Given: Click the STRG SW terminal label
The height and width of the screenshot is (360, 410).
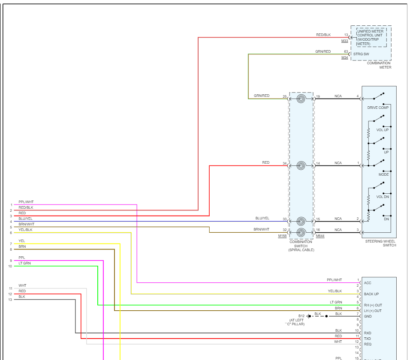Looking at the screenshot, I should tap(361, 54).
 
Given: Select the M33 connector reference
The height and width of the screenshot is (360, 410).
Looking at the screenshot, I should tap(345, 41).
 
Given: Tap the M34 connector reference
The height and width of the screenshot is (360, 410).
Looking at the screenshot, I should tap(345, 58).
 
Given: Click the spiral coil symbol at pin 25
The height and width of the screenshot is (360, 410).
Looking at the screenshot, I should tap(301, 99).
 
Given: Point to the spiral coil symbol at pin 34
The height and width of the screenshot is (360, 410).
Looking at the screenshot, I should tap(301, 165).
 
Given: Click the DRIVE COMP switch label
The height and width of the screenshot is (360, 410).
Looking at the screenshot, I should tap(378, 108).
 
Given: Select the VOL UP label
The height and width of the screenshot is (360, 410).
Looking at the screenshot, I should tap(383, 130).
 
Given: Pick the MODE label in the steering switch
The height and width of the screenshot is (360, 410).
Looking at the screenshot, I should tap(383, 174).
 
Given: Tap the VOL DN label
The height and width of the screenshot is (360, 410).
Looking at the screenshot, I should tap(383, 197).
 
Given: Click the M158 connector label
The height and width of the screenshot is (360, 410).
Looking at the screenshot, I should tap(282, 236).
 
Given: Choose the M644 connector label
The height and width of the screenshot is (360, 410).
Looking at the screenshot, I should tap(320, 236).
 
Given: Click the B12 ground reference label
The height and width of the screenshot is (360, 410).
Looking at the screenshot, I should tap(301, 316).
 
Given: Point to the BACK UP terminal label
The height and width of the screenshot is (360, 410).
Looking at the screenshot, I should tap(371, 294).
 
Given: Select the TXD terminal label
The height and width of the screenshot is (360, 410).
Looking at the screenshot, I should tap(368, 339).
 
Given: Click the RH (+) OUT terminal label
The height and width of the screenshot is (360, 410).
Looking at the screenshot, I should tap(373, 305).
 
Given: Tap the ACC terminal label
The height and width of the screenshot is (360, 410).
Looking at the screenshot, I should tap(368, 283).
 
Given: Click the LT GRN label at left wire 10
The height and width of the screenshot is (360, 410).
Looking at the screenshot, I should tap(24, 263).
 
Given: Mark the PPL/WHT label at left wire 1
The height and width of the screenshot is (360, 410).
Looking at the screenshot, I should tap(26, 202).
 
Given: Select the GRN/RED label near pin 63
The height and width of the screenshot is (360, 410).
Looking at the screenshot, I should tap(323, 51).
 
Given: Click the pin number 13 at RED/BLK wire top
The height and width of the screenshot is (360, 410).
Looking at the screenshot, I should tap(346, 35).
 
